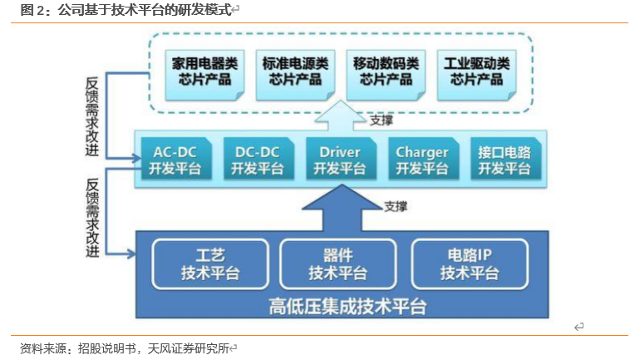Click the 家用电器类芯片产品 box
coord(204,75)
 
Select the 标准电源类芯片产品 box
coord(295,75)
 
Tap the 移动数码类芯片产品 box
coord(386,75)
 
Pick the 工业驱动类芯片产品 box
coord(476,75)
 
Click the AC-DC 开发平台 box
coord(175,159)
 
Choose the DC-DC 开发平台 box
coord(258,159)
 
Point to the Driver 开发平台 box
coord(341,159)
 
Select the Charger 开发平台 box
coord(423,159)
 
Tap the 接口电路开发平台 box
coord(505,159)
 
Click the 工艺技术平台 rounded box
coord(210,264)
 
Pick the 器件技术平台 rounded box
coord(337,264)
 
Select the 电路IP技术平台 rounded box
coord(470,264)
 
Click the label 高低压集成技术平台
coord(347,306)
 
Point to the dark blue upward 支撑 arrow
coord(342,208)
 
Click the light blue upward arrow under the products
coord(341,116)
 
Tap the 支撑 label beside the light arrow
coord(381,121)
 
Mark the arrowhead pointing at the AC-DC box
coord(136,158)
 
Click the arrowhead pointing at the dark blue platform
coord(131,254)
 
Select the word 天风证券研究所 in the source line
coord(189,348)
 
